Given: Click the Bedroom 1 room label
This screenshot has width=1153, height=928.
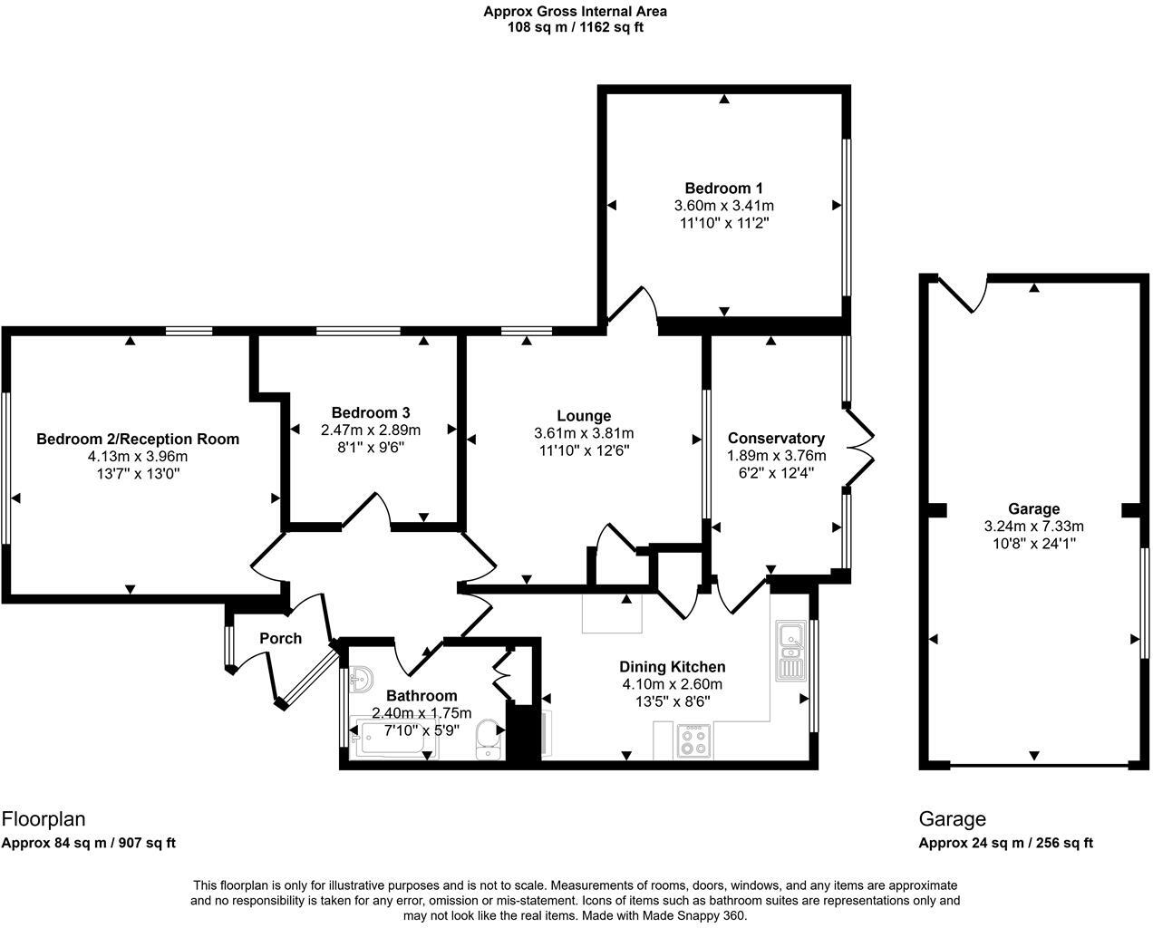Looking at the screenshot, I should [x=723, y=188].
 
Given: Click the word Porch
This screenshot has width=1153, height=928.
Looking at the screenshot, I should [x=280, y=638].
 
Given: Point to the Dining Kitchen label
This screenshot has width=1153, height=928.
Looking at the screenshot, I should [x=672, y=667].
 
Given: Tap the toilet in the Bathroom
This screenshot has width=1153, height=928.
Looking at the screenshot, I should [x=489, y=736].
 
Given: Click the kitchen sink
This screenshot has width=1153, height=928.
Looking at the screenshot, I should [x=790, y=651].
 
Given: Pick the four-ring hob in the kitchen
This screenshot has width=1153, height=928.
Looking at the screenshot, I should [x=694, y=741].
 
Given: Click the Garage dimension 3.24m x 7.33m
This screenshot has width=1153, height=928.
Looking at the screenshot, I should [x=1033, y=526].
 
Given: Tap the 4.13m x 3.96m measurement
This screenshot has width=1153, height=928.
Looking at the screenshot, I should [x=137, y=456].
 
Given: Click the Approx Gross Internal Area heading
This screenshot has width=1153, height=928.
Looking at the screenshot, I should [x=576, y=12].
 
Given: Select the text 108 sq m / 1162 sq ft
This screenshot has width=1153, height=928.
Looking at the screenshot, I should [x=576, y=27].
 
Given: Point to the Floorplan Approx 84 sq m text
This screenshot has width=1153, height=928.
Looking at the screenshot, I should [x=88, y=843].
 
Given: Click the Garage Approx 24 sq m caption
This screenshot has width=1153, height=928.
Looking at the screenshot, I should [x=1005, y=843].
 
